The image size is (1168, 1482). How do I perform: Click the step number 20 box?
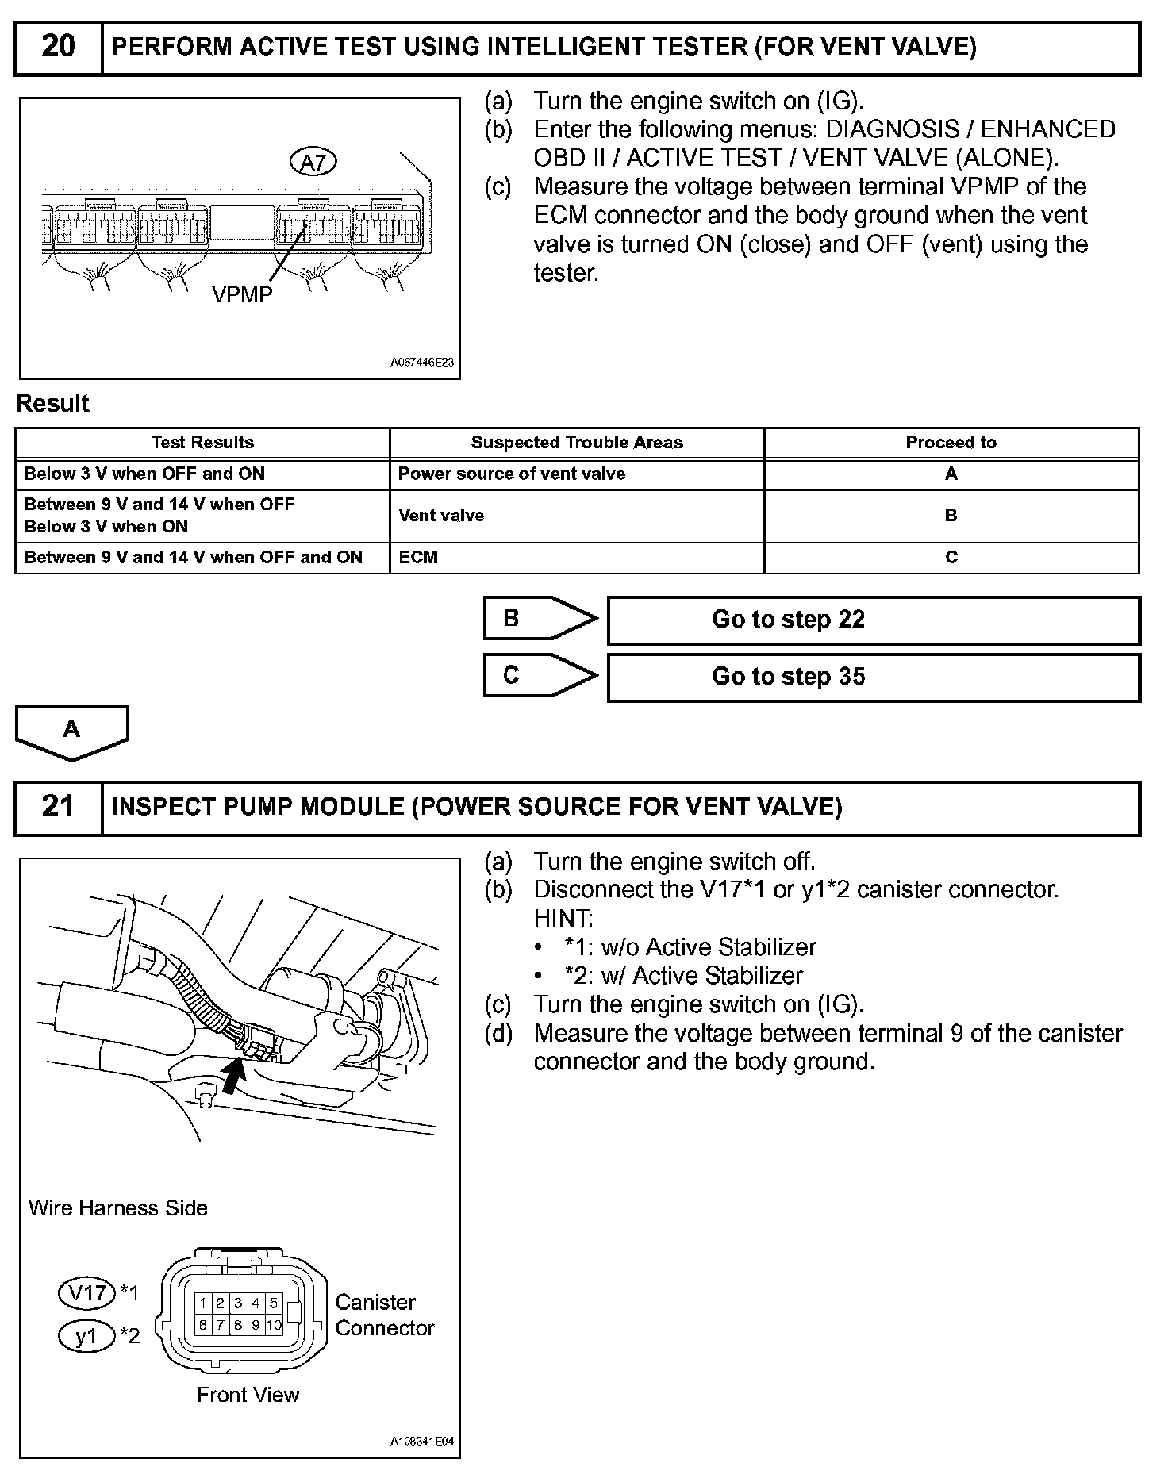pos(58,48)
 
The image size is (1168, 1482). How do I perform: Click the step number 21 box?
pos(58,808)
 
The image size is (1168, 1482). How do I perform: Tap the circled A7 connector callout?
pos(314,162)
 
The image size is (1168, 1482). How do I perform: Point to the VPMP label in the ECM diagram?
pos(242,295)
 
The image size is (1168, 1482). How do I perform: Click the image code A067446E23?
pos(421,363)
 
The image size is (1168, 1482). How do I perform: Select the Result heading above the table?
pos(53,404)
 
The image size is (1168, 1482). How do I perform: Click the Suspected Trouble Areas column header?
pos(577,443)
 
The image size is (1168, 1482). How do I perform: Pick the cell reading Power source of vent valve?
pos(512,474)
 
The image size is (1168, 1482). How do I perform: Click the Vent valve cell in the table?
pos(441,516)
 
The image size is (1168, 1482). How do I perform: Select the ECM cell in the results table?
pos(418,558)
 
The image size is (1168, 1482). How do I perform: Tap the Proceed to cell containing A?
pos(951,474)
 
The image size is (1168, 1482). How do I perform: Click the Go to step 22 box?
pos(873,620)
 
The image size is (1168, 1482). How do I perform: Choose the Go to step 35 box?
pos(873,677)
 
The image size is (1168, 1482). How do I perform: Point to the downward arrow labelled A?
pos(71,731)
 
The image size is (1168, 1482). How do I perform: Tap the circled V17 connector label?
pos(87,1293)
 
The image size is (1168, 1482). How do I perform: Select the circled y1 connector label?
pos(86,1336)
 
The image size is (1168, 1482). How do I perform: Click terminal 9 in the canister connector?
pos(255,1324)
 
